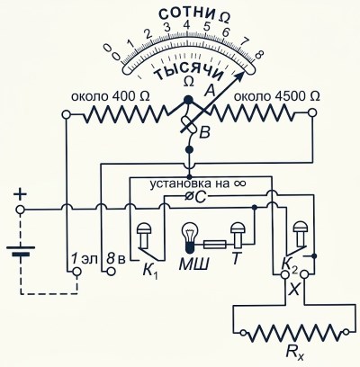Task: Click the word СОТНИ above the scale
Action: [186, 13]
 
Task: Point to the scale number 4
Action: [187, 25]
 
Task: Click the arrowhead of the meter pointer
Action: [238, 77]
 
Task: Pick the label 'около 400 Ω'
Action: [110, 96]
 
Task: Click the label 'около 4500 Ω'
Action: [276, 96]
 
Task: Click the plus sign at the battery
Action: [21, 195]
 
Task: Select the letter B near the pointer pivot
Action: [204, 133]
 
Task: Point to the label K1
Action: [150, 272]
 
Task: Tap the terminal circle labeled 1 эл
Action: [77, 272]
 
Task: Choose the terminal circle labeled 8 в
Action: [111, 272]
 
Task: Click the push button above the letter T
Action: [238, 235]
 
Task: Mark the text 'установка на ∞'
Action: [198, 183]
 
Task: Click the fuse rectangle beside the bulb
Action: [215, 245]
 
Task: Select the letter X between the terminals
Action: [294, 290]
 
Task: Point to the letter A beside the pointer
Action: [210, 90]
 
